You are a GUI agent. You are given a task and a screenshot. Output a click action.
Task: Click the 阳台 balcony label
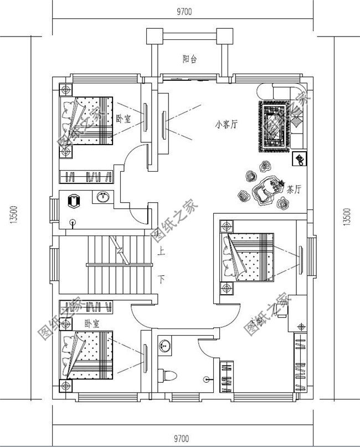coord(190,59)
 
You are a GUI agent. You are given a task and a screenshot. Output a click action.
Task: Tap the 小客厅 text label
coord(225,125)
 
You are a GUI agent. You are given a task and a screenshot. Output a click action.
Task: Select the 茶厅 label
coord(294,189)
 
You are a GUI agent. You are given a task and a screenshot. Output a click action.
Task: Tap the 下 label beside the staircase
coord(161,278)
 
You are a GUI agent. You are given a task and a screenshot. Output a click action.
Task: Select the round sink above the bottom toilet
coord(164,346)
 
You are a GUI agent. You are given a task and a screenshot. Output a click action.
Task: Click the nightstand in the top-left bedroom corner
coord(66,89)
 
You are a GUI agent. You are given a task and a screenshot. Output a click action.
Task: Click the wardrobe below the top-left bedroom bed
coord(88,177)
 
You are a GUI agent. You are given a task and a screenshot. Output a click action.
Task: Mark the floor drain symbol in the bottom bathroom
coord(207,380)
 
